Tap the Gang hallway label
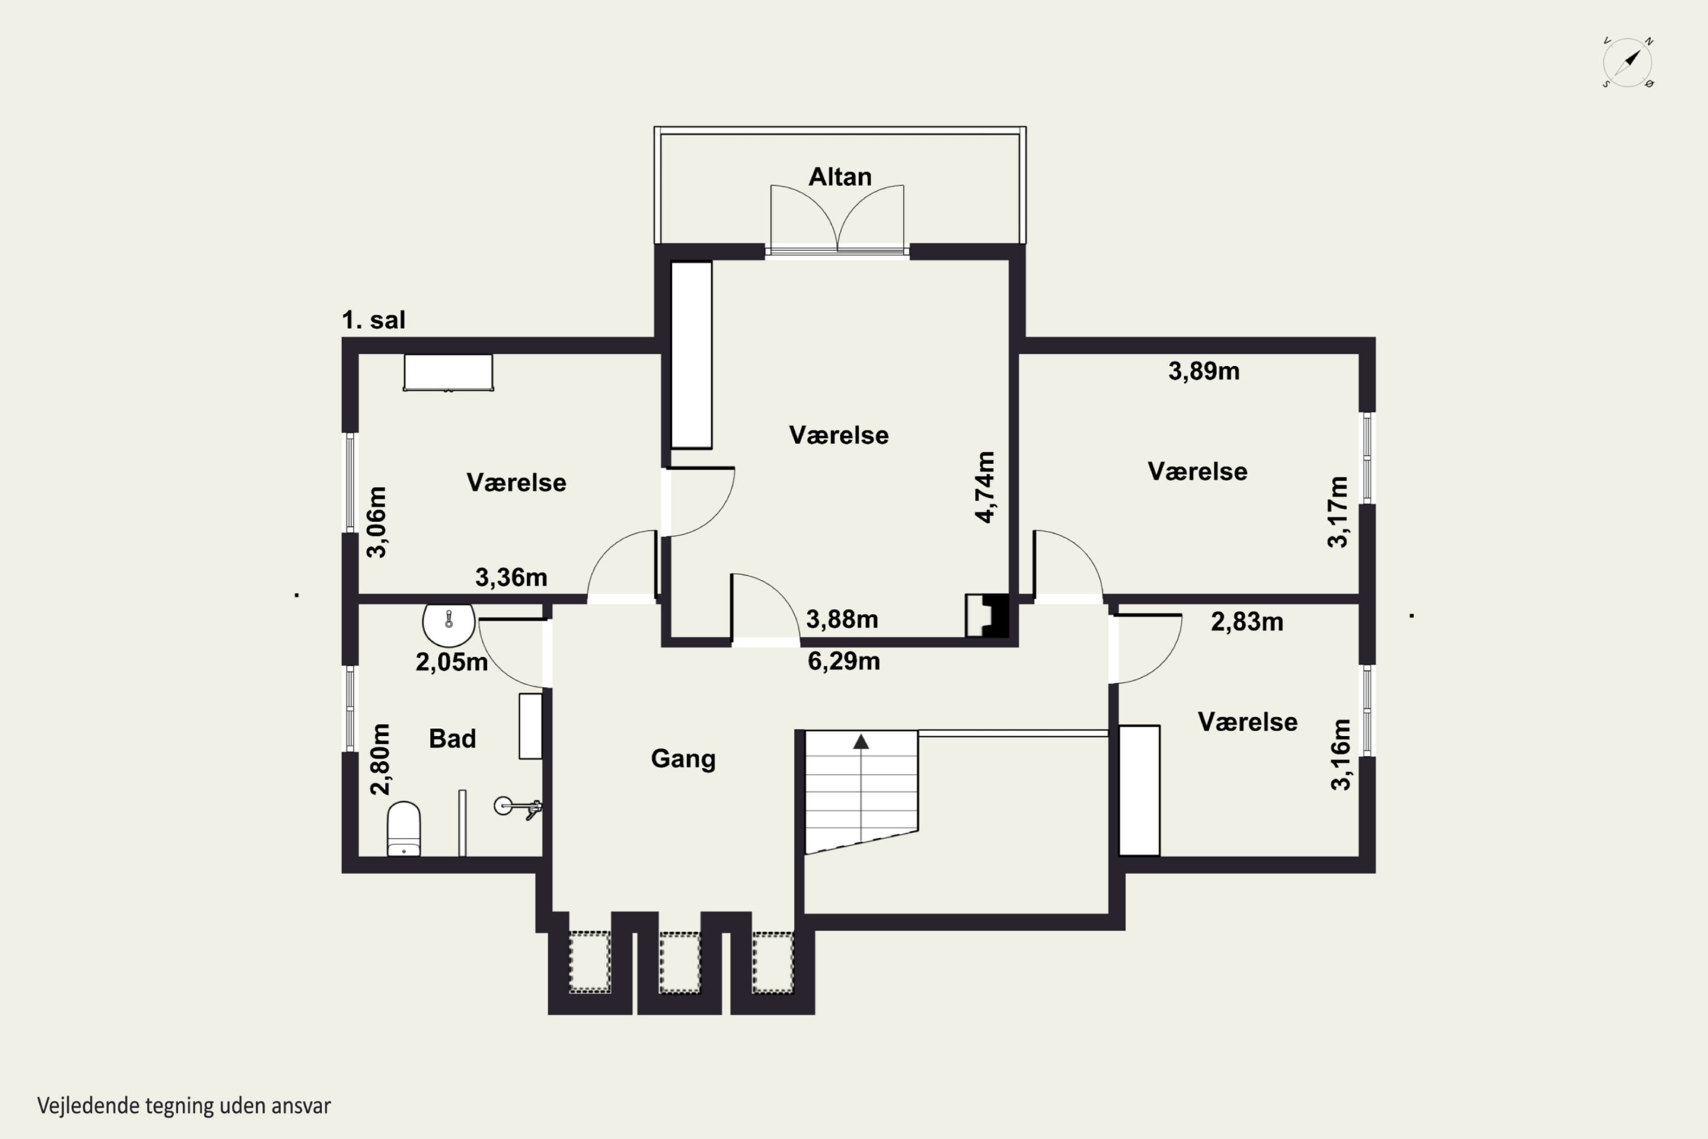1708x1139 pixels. [x=683, y=759]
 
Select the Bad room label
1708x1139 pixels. [x=453, y=739]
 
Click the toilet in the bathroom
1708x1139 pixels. [x=404, y=829]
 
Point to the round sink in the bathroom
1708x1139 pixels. [x=449, y=624]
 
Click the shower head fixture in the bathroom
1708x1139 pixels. [x=518, y=807]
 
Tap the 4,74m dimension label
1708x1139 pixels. [x=985, y=487]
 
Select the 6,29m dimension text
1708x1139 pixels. [x=844, y=662]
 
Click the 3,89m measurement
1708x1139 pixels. [x=1204, y=371]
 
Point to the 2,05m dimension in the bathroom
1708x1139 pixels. [x=451, y=662]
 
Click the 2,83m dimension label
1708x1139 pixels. [x=1247, y=622]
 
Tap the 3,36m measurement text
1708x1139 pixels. [x=511, y=577]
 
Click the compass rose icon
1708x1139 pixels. [x=1628, y=63]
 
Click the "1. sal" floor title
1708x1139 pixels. [x=373, y=319]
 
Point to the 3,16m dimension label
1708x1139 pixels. [x=1341, y=754]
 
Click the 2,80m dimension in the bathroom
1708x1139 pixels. [x=380, y=759]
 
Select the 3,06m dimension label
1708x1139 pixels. [x=376, y=522]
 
